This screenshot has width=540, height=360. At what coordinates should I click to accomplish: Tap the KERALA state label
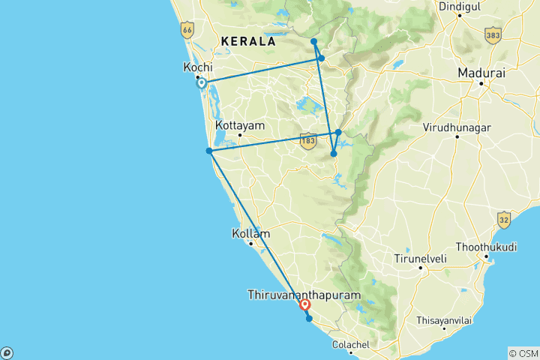pos(247,41)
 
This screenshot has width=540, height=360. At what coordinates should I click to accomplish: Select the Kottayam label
pos(239,125)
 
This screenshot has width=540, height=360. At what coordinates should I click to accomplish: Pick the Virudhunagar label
pos(457,127)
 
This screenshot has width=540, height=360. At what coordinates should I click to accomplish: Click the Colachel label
pos(352,344)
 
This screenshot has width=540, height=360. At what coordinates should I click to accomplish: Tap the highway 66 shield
pos(186,30)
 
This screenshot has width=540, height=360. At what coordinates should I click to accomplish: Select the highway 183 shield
pos(307,140)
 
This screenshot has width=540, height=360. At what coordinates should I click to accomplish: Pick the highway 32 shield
pos(502,219)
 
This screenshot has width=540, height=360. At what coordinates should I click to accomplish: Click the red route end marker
pos(305,304)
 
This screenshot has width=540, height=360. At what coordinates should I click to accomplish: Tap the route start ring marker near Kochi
pos(202,83)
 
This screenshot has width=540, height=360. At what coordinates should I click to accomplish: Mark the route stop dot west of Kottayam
pos(209,151)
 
